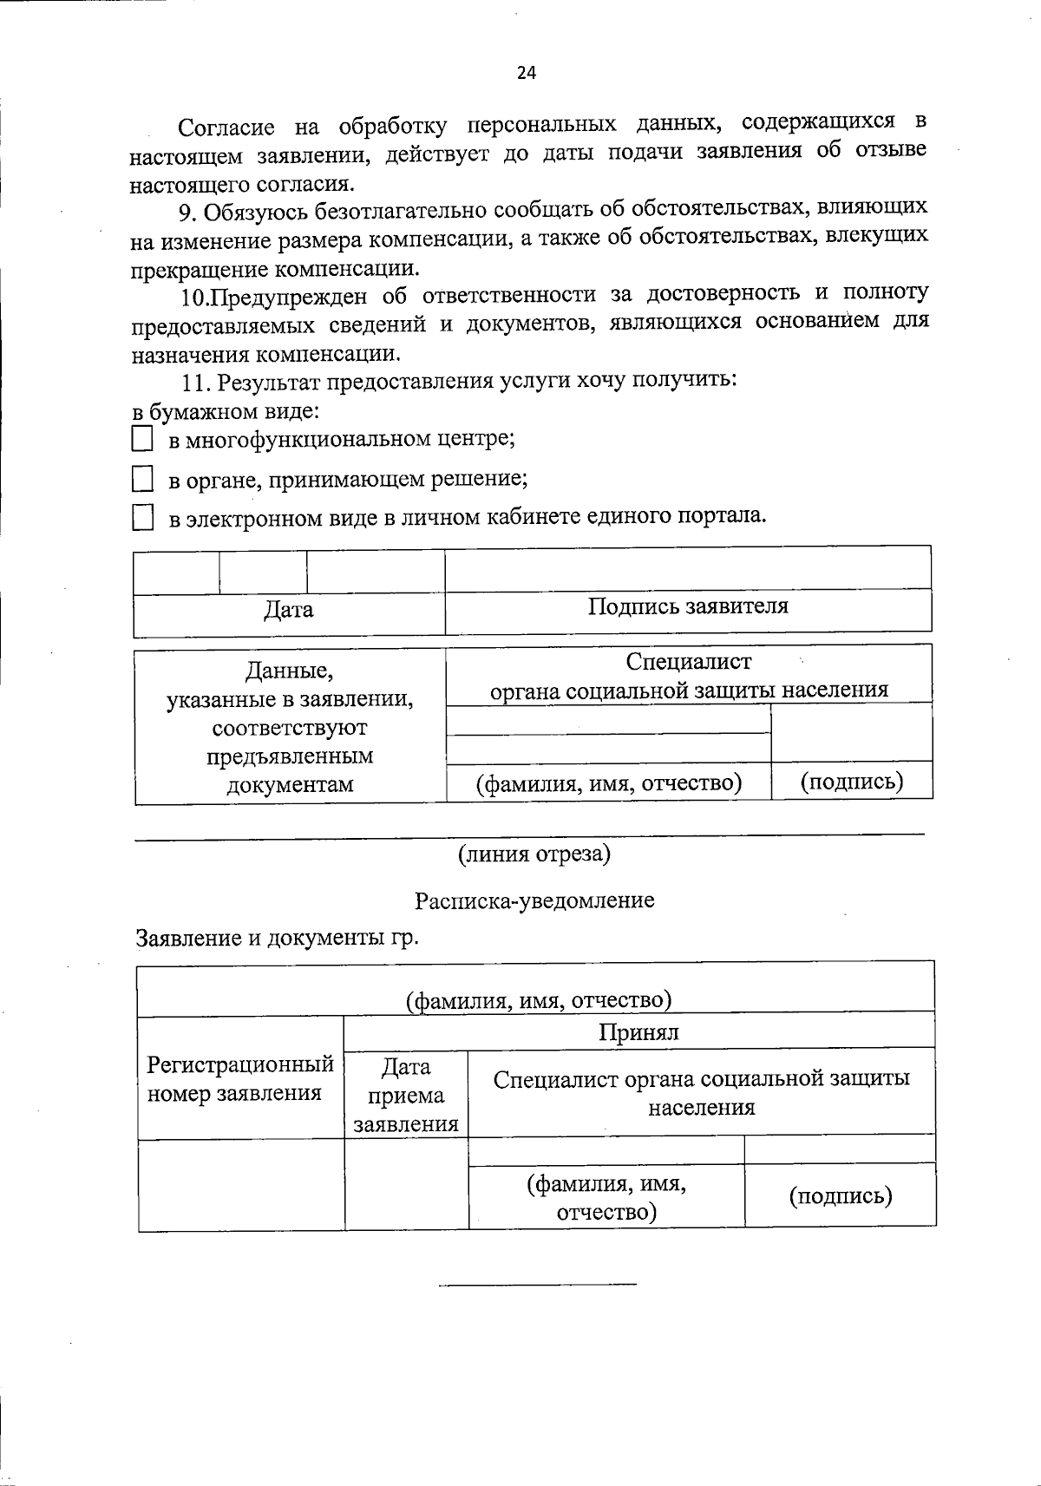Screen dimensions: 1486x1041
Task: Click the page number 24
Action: [x=527, y=73]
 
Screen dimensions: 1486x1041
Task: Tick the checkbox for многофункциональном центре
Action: [x=142, y=439]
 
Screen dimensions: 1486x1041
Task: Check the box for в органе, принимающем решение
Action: [x=142, y=479]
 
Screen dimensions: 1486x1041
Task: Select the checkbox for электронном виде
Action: [x=142, y=519]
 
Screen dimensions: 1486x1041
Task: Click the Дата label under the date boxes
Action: [x=289, y=610]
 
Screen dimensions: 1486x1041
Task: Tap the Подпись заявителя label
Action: [x=688, y=606]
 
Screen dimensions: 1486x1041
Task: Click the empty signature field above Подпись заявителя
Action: [x=688, y=569]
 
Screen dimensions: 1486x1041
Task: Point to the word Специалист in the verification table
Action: [x=689, y=662]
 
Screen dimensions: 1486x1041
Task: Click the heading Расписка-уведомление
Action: [x=534, y=900]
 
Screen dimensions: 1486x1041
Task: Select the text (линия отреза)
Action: [x=534, y=854]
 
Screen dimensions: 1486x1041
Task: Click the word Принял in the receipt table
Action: [x=638, y=1032]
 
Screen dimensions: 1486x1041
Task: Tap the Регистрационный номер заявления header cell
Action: [x=240, y=1078]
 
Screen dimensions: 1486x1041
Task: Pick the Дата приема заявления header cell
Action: [x=406, y=1095]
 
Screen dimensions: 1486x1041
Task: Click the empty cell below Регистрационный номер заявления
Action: [x=240, y=1185]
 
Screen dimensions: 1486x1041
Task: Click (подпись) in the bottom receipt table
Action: [x=840, y=1197]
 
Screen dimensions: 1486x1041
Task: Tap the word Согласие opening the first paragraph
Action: [x=226, y=128]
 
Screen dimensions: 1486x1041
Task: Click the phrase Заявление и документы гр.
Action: [x=277, y=939]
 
